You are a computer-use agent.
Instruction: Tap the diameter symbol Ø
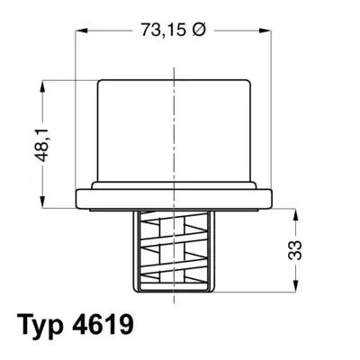tap(199, 30)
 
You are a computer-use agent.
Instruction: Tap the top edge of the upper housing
tap(174, 79)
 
